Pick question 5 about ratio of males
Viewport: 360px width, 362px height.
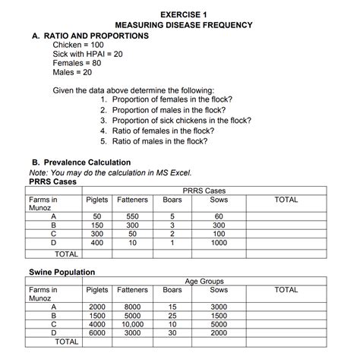[x=154, y=140]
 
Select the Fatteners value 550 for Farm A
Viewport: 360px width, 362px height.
[x=132, y=216]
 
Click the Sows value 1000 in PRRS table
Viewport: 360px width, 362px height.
[x=219, y=244]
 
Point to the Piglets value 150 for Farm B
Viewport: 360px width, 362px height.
[x=97, y=225]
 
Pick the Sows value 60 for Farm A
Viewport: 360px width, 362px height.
[x=219, y=216]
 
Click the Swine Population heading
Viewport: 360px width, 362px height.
[x=62, y=272]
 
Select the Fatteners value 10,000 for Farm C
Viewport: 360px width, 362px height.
[x=132, y=324]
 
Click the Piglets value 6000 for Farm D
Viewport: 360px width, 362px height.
[x=97, y=333]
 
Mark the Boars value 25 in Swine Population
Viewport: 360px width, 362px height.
[x=172, y=315]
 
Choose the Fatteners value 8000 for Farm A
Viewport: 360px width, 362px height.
[x=132, y=306]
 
